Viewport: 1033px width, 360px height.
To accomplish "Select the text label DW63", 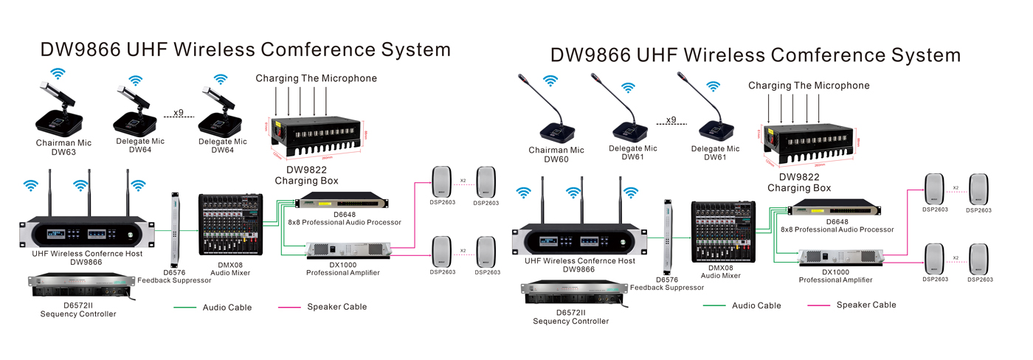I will coord(63,153).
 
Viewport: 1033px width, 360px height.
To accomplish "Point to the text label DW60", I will coord(556,159).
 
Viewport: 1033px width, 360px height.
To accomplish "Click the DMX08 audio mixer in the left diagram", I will coord(230,231).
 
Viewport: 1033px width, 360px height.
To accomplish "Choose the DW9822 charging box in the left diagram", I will coord(319,136).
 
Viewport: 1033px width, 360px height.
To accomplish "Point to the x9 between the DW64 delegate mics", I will coord(178,113).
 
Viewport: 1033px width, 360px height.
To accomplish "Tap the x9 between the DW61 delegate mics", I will coord(671,120).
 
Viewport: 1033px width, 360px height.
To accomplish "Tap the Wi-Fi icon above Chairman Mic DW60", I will coord(550,81).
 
